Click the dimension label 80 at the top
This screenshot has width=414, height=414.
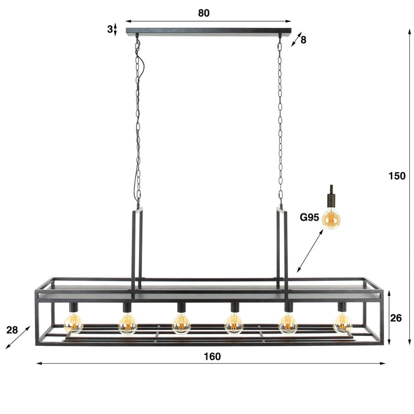[203, 12]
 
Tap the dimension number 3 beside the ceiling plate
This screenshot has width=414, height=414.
[110, 29]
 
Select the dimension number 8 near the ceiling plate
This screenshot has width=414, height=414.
[303, 40]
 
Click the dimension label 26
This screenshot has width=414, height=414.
[396, 318]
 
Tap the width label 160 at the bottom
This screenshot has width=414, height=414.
[212, 356]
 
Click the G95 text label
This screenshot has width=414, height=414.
[309, 217]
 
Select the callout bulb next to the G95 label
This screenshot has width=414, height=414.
[332, 217]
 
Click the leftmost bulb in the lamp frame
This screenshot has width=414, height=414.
[74, 323]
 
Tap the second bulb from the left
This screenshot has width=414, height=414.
[128, 323]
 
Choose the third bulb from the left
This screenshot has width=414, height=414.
[181, 323]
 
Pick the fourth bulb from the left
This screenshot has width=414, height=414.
[234, 323]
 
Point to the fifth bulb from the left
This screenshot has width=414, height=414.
[288, 323]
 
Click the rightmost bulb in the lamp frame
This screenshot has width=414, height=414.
[342, 323]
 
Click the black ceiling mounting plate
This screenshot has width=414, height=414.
[209, 30]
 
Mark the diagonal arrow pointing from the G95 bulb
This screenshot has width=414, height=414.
[310, 251]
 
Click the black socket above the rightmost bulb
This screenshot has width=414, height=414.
[341, 308]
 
